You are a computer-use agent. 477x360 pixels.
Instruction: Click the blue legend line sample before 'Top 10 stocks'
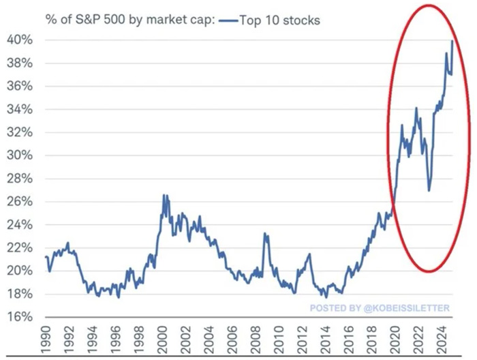pyautogui.click(x=229, y=21)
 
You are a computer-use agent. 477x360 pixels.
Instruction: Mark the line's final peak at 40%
pyautogui.click(x=452, y=41)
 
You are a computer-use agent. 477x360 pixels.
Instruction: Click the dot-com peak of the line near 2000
pyautogui.click(x=164, y=196)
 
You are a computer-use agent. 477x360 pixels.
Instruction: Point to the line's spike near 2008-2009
pyautogui.click(x=264, y=234)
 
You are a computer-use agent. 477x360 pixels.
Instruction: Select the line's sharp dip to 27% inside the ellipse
pyautogui.click(x=429, y=190)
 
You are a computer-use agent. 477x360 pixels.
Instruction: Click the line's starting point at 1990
pyautogui.click(x=45, y=256)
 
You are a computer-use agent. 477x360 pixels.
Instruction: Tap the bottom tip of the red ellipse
pyautogui.click(x=427, y=271)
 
